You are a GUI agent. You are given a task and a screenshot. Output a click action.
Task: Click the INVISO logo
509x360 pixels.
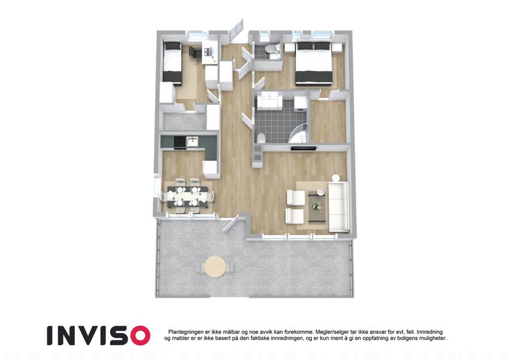coord(98,335)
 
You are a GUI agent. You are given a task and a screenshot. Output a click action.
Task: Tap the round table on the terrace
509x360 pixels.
coord(215,266)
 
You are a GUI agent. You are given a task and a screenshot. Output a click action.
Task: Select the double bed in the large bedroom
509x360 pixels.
coord(314,63)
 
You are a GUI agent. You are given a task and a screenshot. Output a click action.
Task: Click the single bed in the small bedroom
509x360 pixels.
coord(171,62)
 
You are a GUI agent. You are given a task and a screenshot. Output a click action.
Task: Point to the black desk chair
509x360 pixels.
coord(193,53)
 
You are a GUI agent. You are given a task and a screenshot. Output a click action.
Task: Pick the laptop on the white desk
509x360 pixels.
coord(209,50)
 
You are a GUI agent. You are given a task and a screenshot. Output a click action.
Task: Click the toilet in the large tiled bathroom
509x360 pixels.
coord(260,139)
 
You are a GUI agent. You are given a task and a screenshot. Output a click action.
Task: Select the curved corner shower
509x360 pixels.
coord(298,133)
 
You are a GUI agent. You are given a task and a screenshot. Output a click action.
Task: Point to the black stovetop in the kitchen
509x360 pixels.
coord(180,142)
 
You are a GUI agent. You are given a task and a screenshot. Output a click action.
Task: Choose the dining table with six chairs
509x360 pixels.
coord(187,197)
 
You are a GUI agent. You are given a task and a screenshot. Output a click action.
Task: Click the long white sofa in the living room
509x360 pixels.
coord(339,207)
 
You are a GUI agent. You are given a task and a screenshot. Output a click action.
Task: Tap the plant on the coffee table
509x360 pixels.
coord(316,206)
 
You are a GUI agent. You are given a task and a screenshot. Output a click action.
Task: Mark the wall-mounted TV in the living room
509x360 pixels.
coord(303,148)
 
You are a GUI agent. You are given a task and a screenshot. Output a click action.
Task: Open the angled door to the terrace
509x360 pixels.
coord(231,224)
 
